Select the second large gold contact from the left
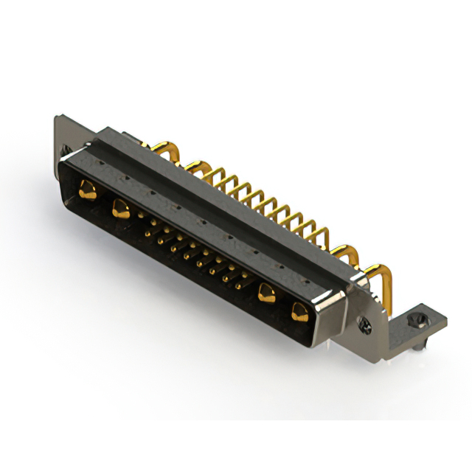(x=120, y=209)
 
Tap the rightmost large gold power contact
(x=300, y=313)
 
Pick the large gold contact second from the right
(x=267, y=294)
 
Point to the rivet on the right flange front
(x=363, y=322)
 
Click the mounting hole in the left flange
(x=68, y=150)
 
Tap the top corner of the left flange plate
(x=57, y=117)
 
